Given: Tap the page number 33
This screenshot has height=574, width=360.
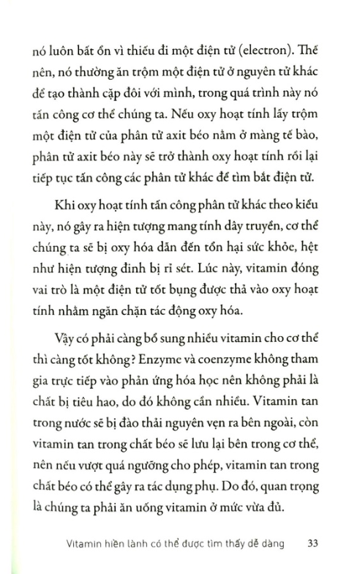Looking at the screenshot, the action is coord(312,543).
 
